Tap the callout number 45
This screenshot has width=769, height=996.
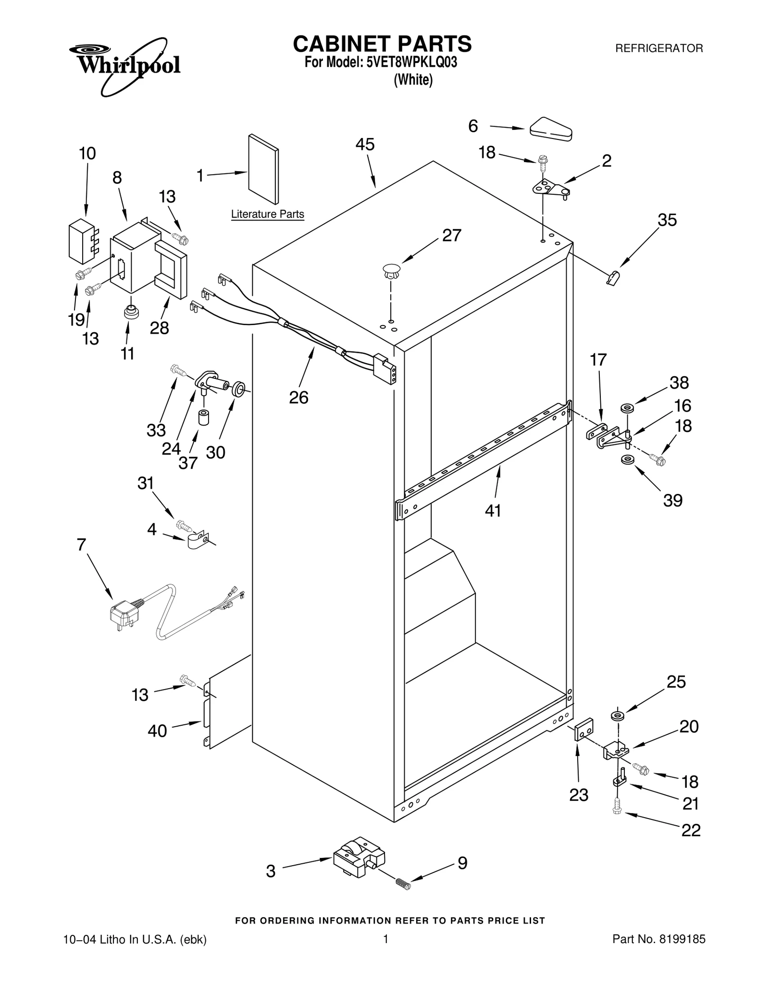click(365, 145)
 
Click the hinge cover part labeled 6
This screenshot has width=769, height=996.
click(551, 129)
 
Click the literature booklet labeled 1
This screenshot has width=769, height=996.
click(263, 169)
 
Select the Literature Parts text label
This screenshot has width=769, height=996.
click(267, 214)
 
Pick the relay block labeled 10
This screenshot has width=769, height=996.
click(81, 241)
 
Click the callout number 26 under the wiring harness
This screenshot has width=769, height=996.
click(298, 397)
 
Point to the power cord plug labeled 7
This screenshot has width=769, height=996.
click(124, 616)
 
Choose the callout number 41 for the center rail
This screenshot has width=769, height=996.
click(493, 511)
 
